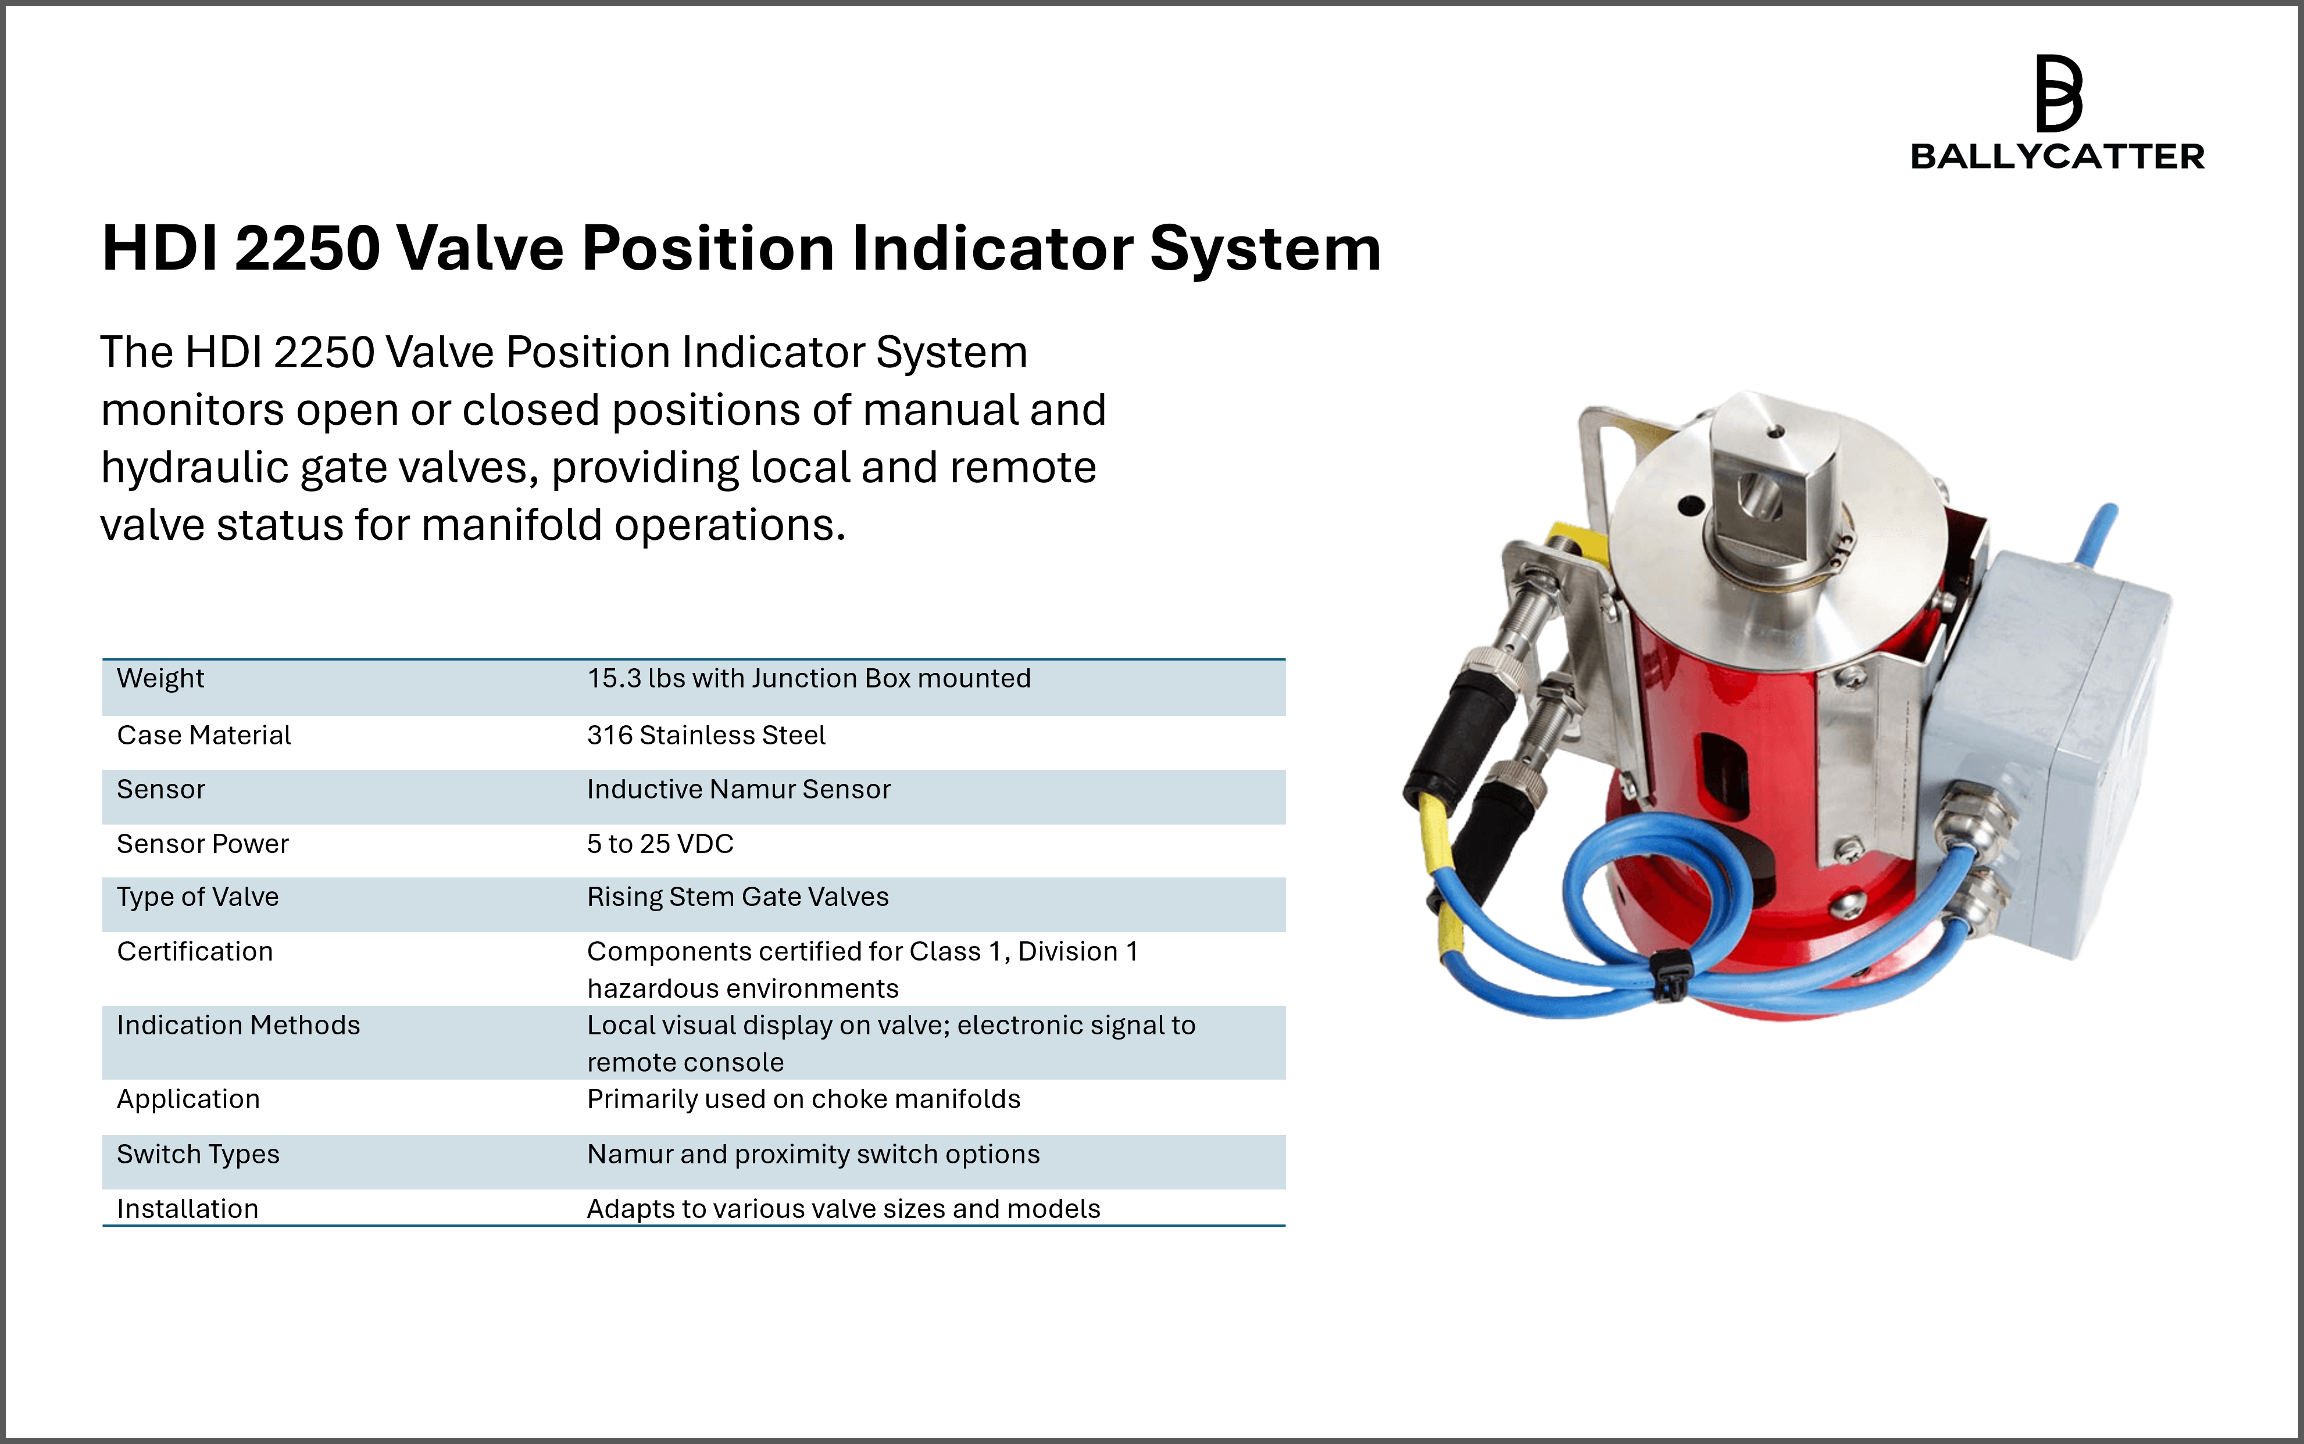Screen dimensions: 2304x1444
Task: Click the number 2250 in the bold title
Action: [308, 248]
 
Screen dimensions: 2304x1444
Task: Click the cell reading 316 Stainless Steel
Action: [706, 736]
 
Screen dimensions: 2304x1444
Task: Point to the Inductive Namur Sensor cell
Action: [738, 789]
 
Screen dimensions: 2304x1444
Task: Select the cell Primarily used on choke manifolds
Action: [803, 1099]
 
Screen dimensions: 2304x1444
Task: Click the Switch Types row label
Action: [198, 1155]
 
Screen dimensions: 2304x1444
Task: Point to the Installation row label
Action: [187, 1209]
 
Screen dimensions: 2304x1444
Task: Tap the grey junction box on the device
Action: [2044, 754]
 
